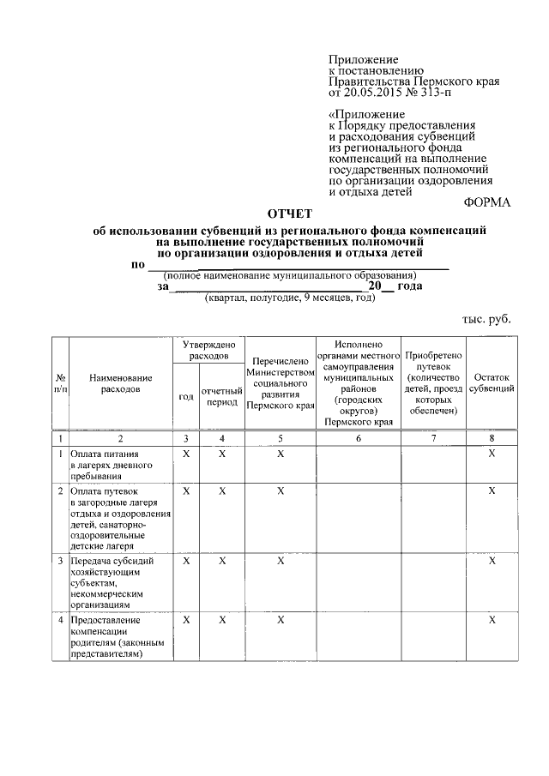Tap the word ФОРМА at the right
pos(486,203)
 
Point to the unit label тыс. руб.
pos(486,318)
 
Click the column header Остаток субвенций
pos(492,383)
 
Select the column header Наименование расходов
pos(120,383)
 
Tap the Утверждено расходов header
pos(208,349)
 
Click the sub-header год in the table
pos(185,397)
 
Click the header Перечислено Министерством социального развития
pos(281,383)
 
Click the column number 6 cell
pos(359,439)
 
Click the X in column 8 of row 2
pos(492,490)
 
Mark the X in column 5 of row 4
pos(281,619)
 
